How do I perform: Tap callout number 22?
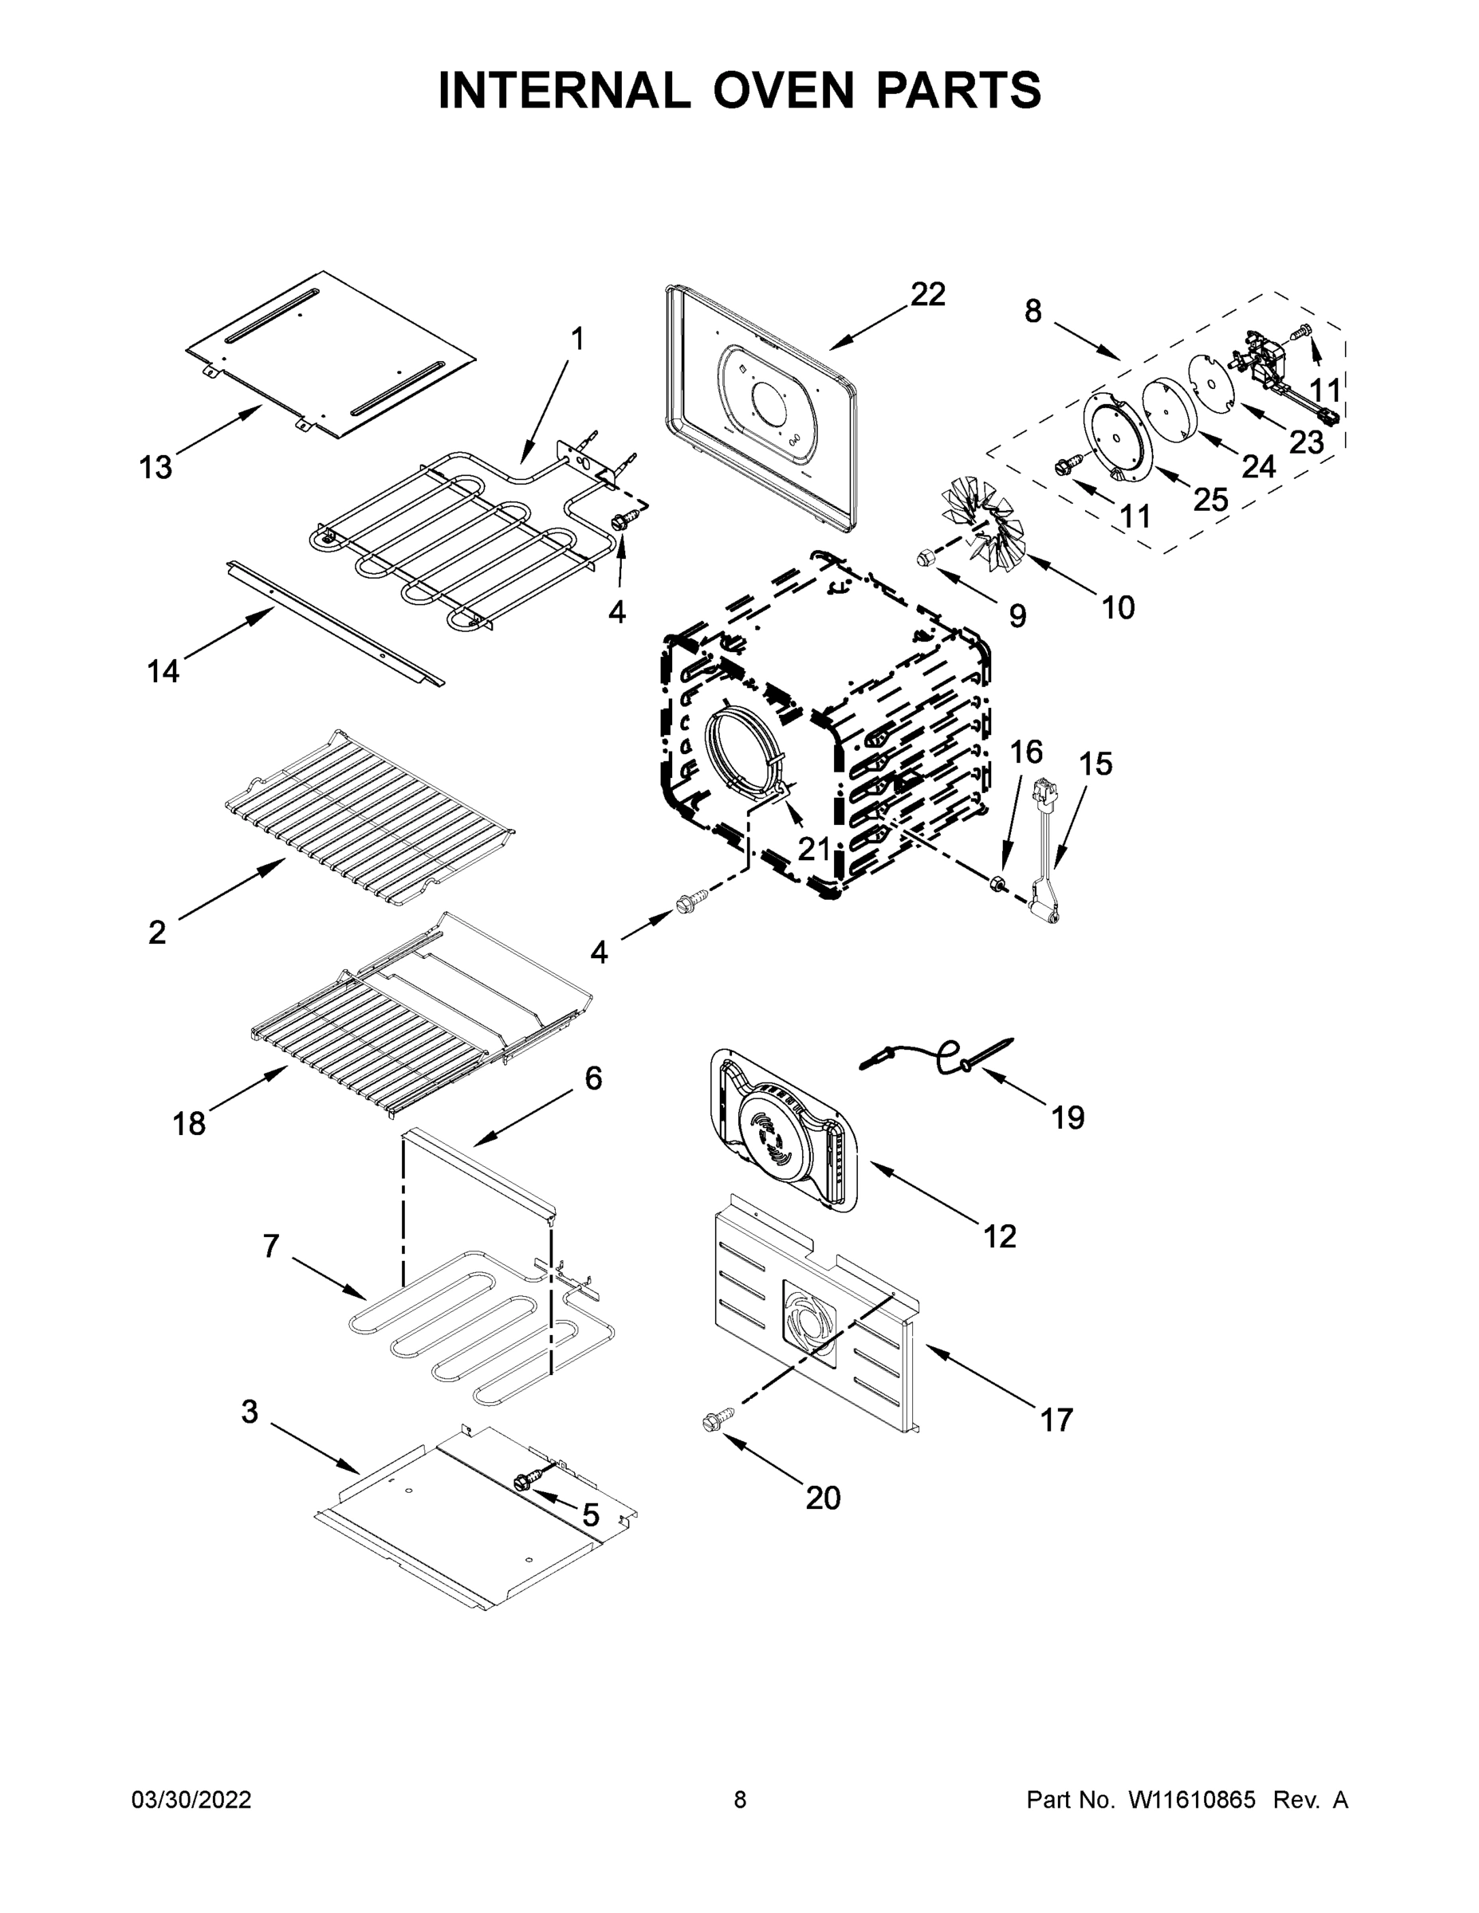[928, 294]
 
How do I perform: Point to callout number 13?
[156, 468]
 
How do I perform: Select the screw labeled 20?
[712, 1425]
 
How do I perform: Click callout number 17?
[1056, 1420]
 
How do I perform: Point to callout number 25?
[1212, 499]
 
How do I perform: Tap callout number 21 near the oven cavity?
[814, 848]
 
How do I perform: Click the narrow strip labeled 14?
[333, 623]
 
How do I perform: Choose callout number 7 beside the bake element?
[271, 1245]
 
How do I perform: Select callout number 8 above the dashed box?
[1033, 311]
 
